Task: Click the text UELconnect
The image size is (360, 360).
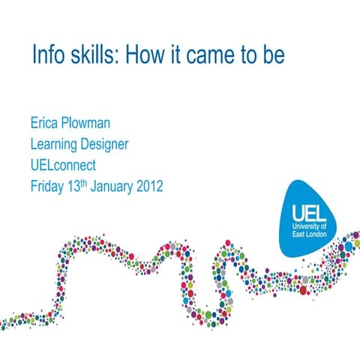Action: coord(64,164)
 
